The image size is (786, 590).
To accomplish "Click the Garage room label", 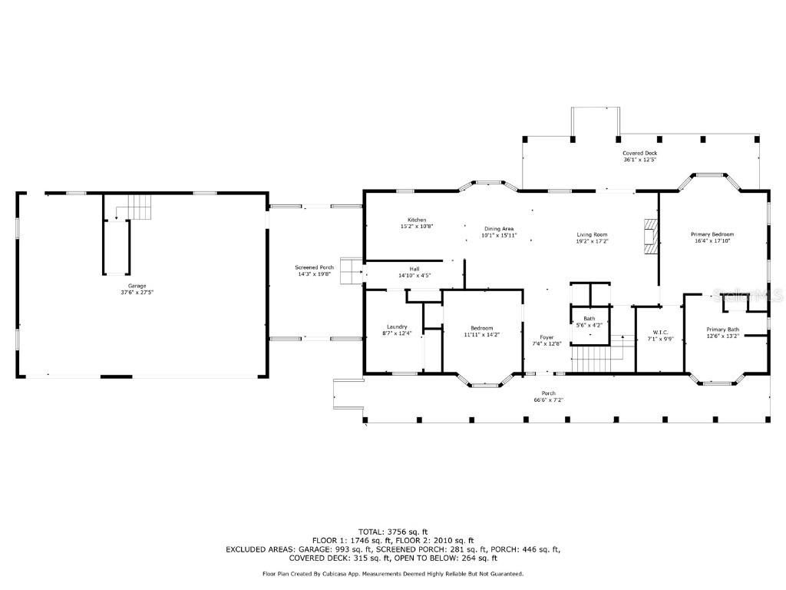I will [x=137, y=286].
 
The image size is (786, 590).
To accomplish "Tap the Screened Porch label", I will [x=315, y=267].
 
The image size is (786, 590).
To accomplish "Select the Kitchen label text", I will [x=417, y=220].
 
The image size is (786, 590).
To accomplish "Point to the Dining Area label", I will [x=499, y=228].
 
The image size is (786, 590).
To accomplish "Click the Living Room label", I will [x=593, y=234].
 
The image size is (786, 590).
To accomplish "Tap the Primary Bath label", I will [x=722, y=329].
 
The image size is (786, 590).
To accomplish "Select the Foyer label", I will [x=547, y=337].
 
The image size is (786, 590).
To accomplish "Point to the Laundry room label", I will [x=397, y=326].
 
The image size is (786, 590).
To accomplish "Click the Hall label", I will [x=414, y=269].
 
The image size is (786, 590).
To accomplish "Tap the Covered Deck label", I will [x=639, y=153].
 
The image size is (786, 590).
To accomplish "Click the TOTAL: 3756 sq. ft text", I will [x=393, y=532].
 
